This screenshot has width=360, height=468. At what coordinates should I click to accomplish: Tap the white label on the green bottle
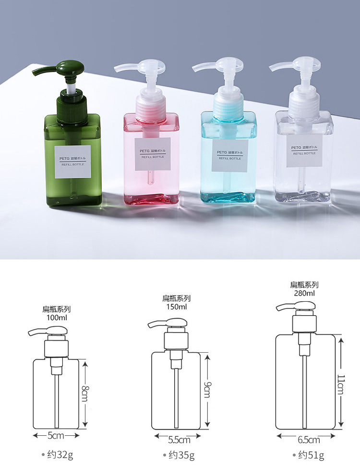[73, 162]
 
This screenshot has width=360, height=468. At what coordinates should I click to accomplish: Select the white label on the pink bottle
[153, 154]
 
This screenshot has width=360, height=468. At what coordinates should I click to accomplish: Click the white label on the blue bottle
[229, 156]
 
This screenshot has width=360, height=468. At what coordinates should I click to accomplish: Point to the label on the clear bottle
[304, 151]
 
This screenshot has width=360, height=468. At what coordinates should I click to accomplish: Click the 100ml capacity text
[57, 317]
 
